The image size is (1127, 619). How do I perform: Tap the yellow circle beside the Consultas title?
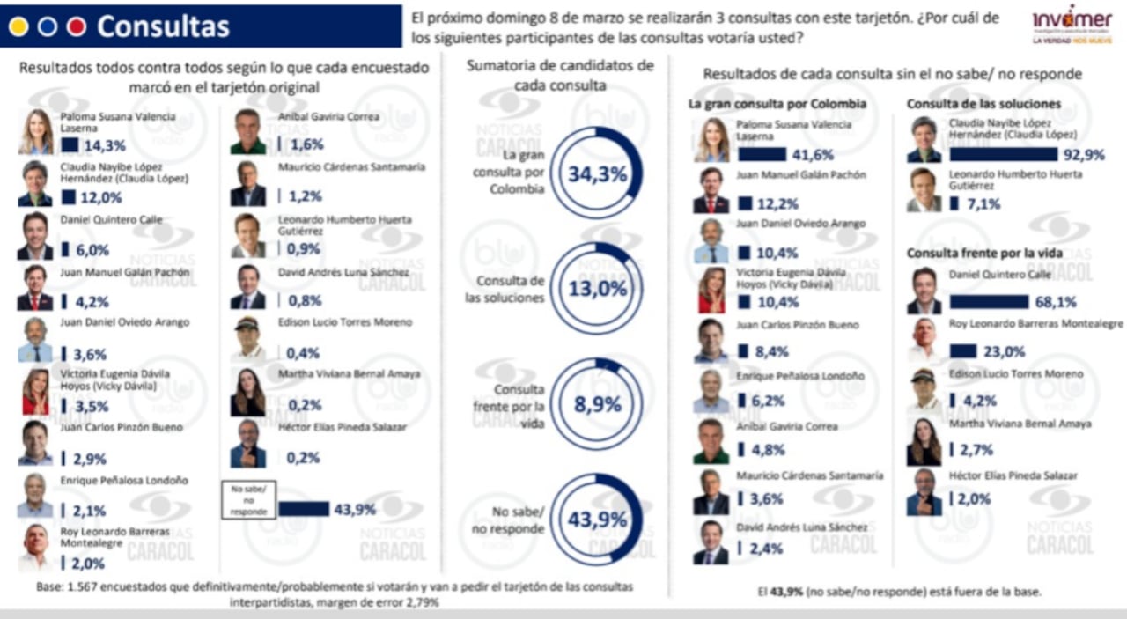pos(18,26)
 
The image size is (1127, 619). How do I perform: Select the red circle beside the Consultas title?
pos(77,26)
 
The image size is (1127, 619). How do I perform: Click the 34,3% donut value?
pos(597,173)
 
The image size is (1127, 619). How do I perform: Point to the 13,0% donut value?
pos(597,289)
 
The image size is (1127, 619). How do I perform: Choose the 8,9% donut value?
pos(597,405)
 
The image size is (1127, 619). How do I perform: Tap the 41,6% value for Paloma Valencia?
pos(813,154)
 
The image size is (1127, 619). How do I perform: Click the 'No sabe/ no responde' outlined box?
pos(247,498)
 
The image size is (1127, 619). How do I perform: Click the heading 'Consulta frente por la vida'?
pos(984,254)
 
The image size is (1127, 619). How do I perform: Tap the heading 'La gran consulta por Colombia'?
pos(777,104)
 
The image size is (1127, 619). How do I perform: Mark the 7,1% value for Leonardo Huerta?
pos(984,204)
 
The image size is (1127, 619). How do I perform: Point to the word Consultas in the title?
pos(163,26)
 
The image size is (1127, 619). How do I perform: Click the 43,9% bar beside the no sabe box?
pos(304,509)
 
